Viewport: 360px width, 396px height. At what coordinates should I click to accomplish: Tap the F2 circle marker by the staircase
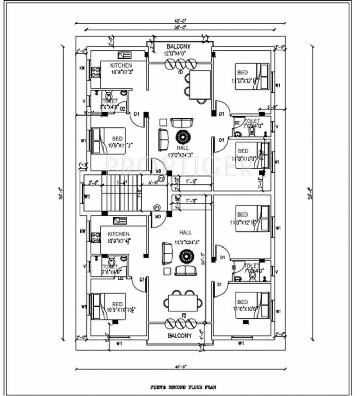pos(161,179)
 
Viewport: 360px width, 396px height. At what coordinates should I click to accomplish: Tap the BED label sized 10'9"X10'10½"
pos(119,307)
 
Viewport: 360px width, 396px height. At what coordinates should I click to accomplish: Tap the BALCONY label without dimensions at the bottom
pos(180,335)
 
